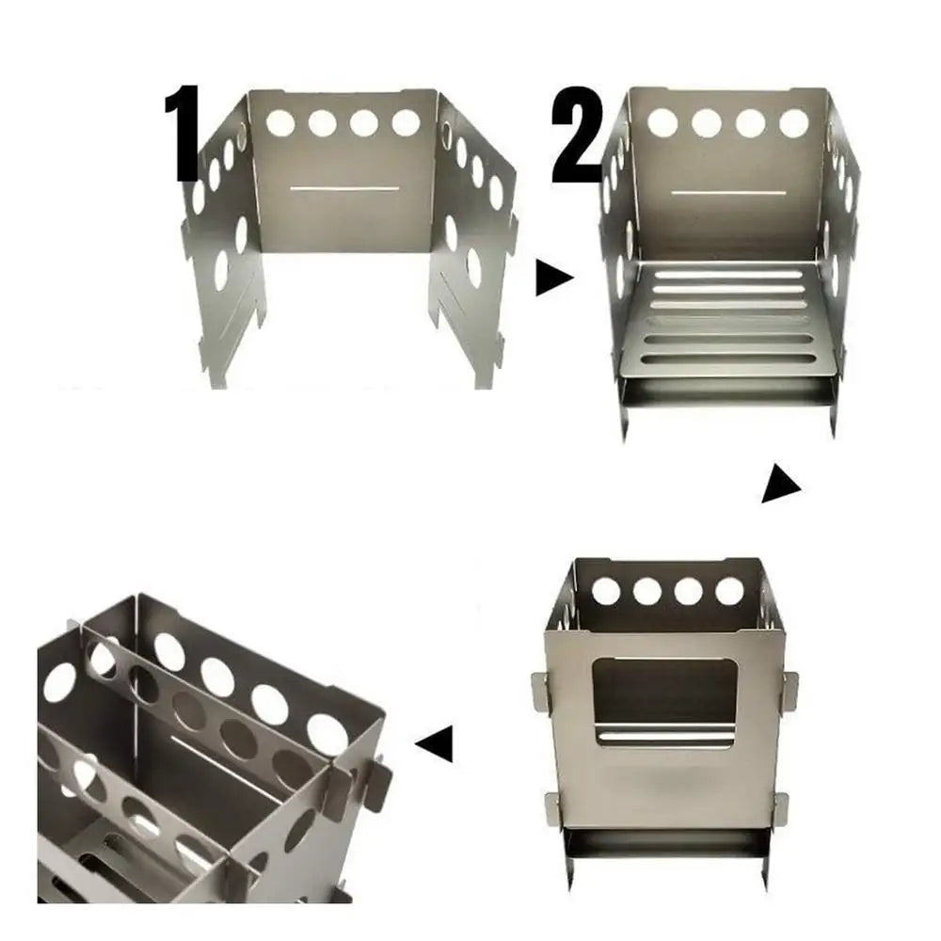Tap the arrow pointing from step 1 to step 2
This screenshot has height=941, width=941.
pyautogui.click(x=553, y=279)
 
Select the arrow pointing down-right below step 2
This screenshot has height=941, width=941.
pyautogui.click(x=780, y=484)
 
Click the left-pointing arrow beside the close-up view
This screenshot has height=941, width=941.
pyautogui.click(x=435, y=743)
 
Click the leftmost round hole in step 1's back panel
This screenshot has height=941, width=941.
pyautogui.click(x=280, y=122)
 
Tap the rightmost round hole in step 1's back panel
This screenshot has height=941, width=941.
pyautogui.click(x=406, y=122)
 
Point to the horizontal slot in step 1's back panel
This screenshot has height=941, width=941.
pyautogui.click(x=344, y=189)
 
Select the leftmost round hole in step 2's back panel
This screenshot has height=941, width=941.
pyautogui.click(x=662, y=121)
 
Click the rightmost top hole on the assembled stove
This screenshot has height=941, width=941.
pyautogui.click(x=729, y=591)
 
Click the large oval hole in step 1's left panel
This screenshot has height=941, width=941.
pyautogui.click(x=221, y=270)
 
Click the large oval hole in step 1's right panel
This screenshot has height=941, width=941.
pyautogui.click(x=473, y=268)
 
